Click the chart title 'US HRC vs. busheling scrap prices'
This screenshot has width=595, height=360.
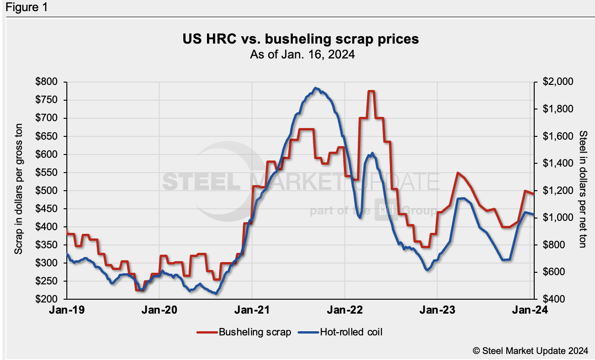(x=301, y=39)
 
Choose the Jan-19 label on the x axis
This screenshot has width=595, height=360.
(x=67, y=310)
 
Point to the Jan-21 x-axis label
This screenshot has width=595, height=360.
(x=252, y=310)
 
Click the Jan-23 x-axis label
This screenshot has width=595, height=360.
(x=438, y=310)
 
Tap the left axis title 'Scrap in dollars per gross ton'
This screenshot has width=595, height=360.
(x=19, y=191)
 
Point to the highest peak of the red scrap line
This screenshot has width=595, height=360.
(x=371, y=91)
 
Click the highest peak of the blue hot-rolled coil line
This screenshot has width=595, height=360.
(x=316, y=88)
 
